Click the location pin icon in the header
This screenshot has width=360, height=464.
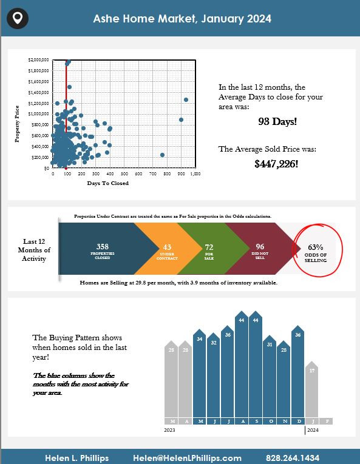pyautogui.click(x=18, y=18)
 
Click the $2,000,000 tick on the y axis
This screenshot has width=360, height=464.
pyautogui.click(x=38, y=60)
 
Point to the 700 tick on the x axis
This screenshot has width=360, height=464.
pyautogui.click(x=152, y=173)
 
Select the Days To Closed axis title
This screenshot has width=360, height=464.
pyautogui.click(x=108, y=183)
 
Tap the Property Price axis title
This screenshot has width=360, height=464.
pyautogui.click(x=17, y=124)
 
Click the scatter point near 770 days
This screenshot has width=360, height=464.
pyautogui.click(x=162, y=155)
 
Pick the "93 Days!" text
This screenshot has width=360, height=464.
pyautogui.click(x=277, y=121)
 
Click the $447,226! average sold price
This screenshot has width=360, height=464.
pyautogui.click(x=276, y=164)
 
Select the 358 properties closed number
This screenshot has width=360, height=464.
pyautogui.click(x=103, y=246)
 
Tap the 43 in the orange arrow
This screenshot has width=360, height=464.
pyautogui.click(x=167, y=247)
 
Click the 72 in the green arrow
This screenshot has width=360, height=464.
pyautogui.click(x=209, y=247)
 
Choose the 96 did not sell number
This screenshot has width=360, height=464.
pyautogui.click(x=260, y=246)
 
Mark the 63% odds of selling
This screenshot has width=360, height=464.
pyautogui.click(x=315, y=247)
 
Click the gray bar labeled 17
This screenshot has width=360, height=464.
pyautogui.click(x=311, y=389)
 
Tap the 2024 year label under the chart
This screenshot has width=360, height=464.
pyautogui.click(x=313, y=430)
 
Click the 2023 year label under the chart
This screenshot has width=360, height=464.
pyautogui.click(x=169, y=430)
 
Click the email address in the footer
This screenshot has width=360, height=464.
pyautogui.click(x=187, y=458)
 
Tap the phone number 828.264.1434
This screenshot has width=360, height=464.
pyautogui.click(x=293, y=458)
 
